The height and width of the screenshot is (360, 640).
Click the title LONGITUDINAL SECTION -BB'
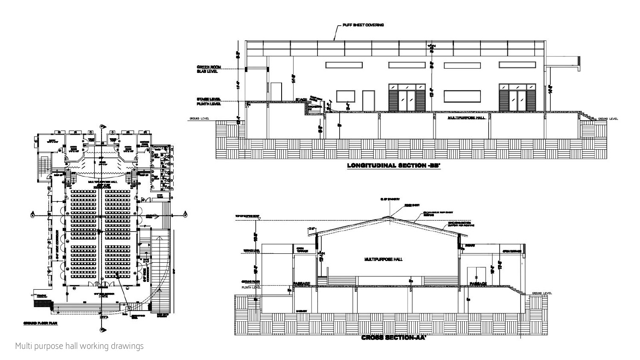(393, 165)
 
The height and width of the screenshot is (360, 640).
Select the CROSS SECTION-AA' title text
(394, 338)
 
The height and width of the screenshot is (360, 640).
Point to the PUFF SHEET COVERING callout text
(363, 25)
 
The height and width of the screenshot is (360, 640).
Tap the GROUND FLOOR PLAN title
(40, 323)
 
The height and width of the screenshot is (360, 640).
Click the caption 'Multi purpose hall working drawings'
(79, 346)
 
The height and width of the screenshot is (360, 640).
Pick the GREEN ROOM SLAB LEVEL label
(207, 69)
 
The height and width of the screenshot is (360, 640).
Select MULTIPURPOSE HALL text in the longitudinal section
(466, 117)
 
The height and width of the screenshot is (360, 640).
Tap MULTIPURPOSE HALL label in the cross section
(384, 259)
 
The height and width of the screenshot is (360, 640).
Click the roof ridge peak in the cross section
(389, 217)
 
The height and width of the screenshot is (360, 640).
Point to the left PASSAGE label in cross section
(301, 284)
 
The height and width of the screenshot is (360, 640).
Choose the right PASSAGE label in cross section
(478, 284)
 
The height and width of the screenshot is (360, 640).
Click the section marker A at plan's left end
(32, 216)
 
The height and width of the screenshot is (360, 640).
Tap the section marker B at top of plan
(102, 127)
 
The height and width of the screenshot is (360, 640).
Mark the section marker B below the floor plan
(102, 329)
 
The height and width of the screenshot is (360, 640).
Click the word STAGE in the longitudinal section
(301, 100)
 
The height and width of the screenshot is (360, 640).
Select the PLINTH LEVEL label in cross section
(251, 287)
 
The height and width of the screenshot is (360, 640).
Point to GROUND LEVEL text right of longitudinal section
(608, 119)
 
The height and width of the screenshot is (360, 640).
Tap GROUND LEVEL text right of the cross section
(541, 293)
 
